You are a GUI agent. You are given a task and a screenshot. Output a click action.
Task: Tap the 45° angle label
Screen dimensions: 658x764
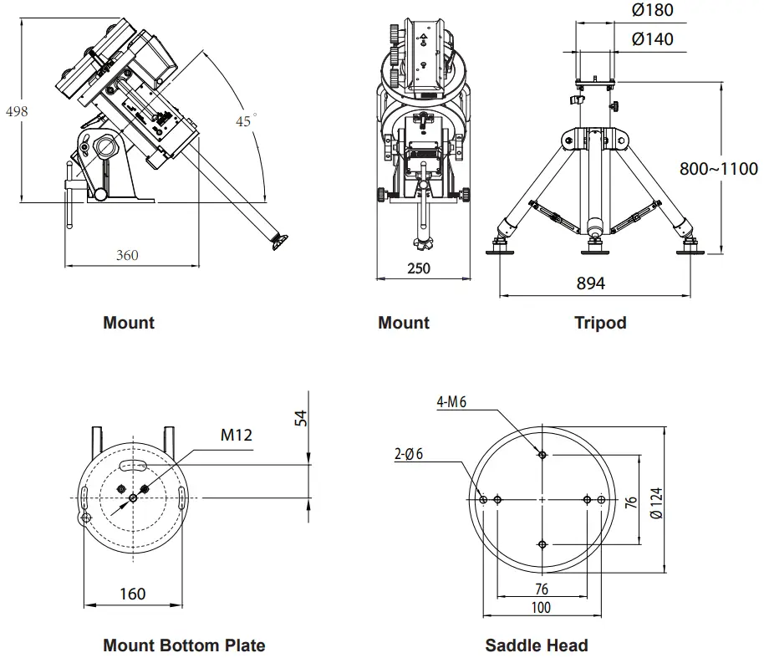(243, 121)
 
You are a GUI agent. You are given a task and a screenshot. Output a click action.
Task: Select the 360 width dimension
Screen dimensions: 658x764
(127, 255)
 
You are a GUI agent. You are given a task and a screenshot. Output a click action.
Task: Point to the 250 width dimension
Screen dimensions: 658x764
(418, 268)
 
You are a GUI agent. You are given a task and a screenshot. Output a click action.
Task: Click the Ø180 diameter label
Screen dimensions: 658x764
(653, 11)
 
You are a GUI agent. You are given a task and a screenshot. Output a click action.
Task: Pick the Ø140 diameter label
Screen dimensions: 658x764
(653, 39)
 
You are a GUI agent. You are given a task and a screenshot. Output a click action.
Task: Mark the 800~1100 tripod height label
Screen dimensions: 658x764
(718, 168)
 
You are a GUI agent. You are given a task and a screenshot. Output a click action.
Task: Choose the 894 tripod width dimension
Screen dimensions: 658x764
(590, 283)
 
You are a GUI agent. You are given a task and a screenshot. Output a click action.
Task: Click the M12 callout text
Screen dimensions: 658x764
(237, 434)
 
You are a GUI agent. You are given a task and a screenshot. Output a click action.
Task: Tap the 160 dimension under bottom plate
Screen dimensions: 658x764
(132, 594)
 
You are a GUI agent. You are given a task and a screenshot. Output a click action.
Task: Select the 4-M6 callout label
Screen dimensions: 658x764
(451, 402)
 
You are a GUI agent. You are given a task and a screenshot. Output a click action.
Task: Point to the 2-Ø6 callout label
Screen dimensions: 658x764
(409, 454)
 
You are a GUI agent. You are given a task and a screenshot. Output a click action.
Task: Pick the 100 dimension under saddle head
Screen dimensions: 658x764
(541, 608)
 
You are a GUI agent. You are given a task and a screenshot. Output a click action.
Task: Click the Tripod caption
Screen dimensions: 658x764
(600, 323)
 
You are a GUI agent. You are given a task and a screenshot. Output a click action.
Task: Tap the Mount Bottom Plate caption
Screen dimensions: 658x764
(184, 645)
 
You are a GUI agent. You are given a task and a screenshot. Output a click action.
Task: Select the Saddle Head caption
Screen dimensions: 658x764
(536, 645)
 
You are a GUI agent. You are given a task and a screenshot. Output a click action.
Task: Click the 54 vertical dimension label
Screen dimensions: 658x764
(303, 418)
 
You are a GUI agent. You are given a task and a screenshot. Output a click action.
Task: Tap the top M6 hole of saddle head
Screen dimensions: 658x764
(542, 454)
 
